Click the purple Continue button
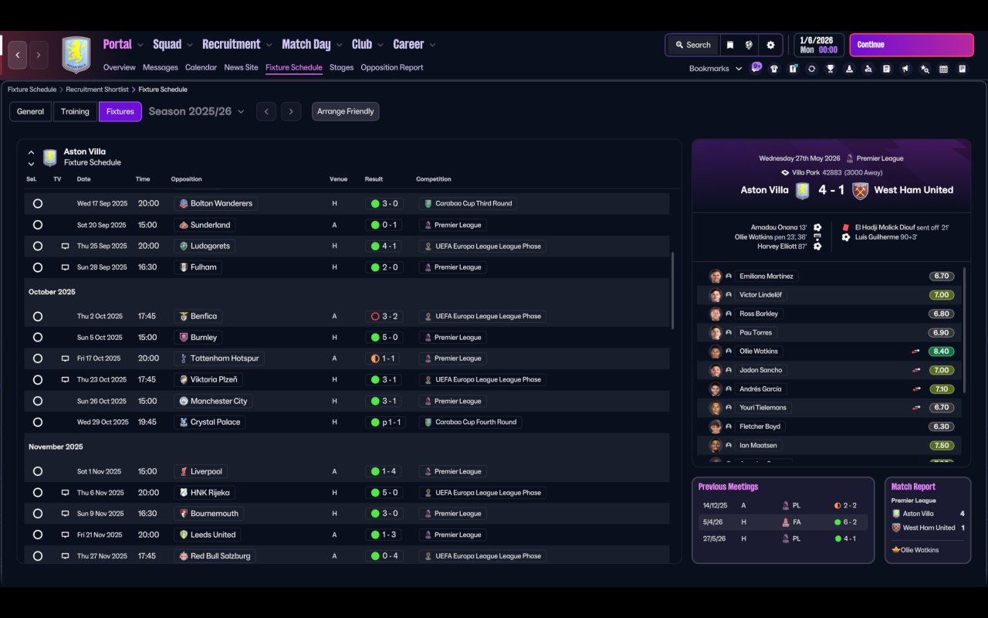pos(911,45)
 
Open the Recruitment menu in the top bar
pos(232,45)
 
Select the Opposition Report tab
pos(391,67)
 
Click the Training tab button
pos(75,111)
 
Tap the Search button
pos(692,45)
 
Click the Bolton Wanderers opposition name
pos(221,204)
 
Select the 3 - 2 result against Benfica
pos(384,317)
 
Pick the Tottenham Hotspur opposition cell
pos(224,358)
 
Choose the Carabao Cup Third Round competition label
pos(473,204)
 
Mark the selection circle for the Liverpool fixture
pos(38,471)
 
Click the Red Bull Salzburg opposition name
pos(220,556)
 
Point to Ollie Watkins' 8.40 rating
pos(941,351)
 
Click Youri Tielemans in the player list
pos(763,408)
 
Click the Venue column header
pos(338,179)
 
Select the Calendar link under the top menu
pos(201,67)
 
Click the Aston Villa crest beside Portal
pos(76,55)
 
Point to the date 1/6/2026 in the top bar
pos(817,40)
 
